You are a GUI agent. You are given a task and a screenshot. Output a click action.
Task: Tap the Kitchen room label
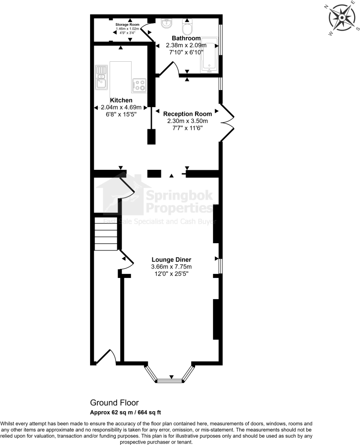click(x=121, y=100)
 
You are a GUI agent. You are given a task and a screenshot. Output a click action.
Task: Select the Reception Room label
click(x=187, y=114)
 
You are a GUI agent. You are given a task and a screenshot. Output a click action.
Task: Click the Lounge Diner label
click(x=171, y=260)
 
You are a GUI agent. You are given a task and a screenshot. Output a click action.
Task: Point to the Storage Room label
click(x=127, y=24)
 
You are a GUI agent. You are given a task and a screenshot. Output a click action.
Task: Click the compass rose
click(x=342, y=18)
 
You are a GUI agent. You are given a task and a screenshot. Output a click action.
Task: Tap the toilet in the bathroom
click(x=187, y=27)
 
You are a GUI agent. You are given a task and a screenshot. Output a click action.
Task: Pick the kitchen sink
click(x=100, y=77)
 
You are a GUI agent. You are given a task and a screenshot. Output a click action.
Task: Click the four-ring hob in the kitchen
click(x=139, y=85)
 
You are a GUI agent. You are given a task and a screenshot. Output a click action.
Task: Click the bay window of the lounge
click(x=170, y=377)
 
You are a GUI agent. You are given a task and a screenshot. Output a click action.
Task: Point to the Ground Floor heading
click(x=114, y=403)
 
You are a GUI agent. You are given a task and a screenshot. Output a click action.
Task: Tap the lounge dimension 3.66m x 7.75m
click(x=171, y=267)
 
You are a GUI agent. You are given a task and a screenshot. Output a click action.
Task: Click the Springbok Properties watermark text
click(x=178, y=202)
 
